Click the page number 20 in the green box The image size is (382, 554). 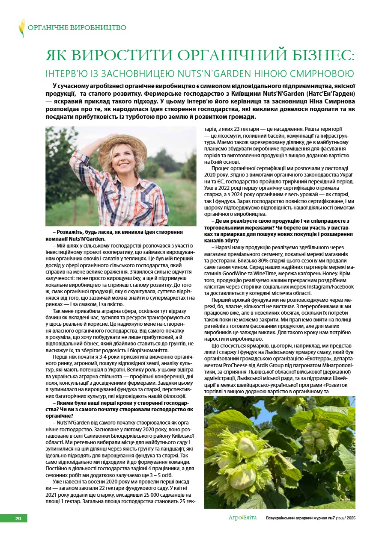[18, 519]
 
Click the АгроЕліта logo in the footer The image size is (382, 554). [242, 518]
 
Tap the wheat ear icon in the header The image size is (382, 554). [22, 28]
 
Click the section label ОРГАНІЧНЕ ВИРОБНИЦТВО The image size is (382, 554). [77, 28]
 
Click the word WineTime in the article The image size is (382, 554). [267, 274]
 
